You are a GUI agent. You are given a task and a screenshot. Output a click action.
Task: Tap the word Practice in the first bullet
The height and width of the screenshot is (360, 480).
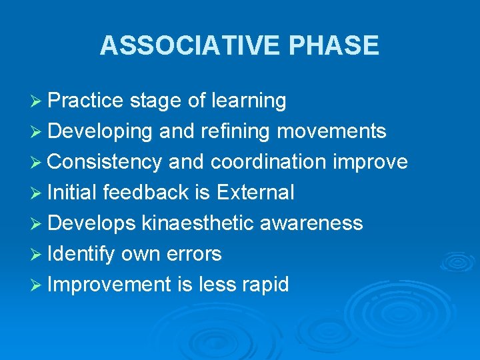(x=86, y=101)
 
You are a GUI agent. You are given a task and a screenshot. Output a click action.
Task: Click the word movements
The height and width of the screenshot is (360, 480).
(x=331, y=131)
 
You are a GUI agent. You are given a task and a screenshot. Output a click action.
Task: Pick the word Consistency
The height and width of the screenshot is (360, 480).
(x=105, y=162)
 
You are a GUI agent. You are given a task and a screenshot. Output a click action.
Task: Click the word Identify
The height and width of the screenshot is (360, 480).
(x=81, y=254)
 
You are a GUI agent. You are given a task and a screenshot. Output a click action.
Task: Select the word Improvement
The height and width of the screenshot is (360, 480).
(x=110, y=285)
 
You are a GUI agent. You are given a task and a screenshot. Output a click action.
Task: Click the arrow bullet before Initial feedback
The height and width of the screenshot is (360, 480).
(x=37, y=193)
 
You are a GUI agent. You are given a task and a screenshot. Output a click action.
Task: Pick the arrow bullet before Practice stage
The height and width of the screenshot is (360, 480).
(x=37, y=101)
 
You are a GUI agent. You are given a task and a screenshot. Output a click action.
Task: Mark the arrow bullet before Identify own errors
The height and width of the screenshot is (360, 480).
(x=37, y=254)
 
